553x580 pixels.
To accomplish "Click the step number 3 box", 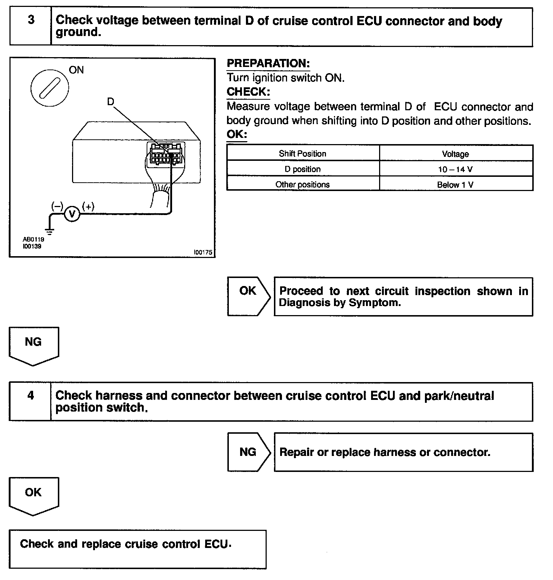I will click(x=31, y=27).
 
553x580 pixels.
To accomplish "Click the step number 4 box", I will click(x=30, y=401).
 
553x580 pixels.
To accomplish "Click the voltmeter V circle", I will click(x=72, y=214).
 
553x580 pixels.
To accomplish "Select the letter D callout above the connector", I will click(x=111, y=102).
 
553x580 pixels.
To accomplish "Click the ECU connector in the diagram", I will click(x=166, y=154).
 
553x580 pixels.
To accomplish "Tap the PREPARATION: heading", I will click(x=268, y=63).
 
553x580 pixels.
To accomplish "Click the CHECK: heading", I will click(x=248, y=92).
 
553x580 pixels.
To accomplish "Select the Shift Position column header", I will click(x=302, y=154).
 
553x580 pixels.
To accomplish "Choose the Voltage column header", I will click(x=455, y=154).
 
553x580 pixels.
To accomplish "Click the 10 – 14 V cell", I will click(x=455, y=169).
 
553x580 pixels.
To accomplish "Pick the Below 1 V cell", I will click(x=455, y=184).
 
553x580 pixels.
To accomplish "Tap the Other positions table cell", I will click(x=302, y=184).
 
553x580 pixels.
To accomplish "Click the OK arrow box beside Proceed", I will click(x=248, y=296).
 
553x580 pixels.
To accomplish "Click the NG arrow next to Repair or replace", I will click(x=248, y=452).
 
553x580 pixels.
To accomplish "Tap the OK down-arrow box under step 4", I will click(x=33, y=495).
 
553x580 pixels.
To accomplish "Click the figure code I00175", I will click(x=203, y=252).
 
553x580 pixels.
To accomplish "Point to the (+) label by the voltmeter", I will click(x=88, y=206).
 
